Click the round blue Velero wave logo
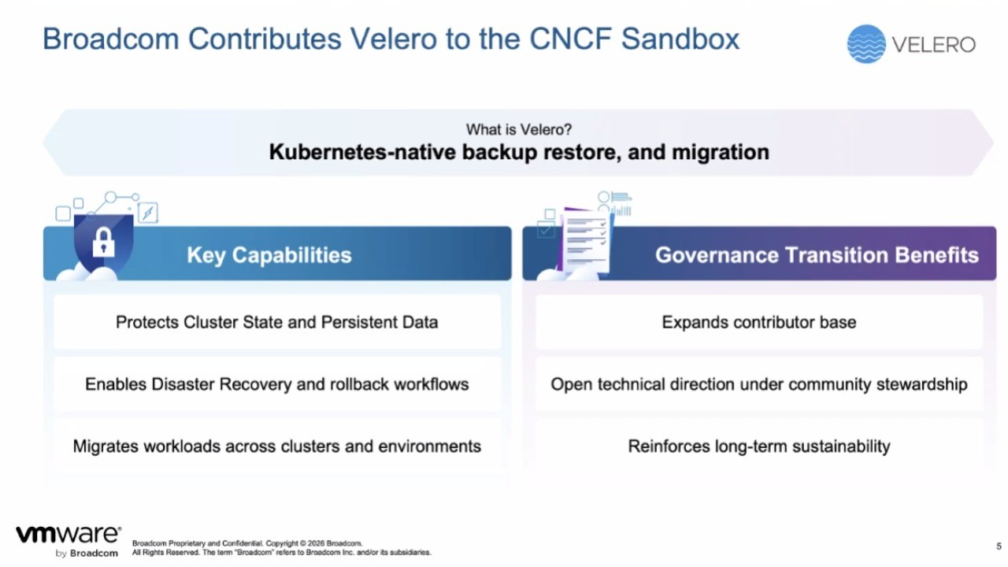(x=866, y=44)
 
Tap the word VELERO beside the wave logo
(x=933, y=45)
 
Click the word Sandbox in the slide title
(x=680, y=39)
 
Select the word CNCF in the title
(x=569, y=39)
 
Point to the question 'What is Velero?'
(x=519, y=130)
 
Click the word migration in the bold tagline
(x=721, y=152)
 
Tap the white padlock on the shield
(x=103, y=242)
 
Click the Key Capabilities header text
(x=269, y=255)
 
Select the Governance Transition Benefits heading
(x=817, y=255)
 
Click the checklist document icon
(x=585, y=242)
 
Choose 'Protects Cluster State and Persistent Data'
(x=276, y=322)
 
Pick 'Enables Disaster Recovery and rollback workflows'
(x=276, y=384)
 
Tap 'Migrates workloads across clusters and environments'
(x=276, y=447)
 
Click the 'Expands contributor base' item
(x=758, y=322)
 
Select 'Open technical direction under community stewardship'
(x=758, y=384)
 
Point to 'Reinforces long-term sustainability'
(x=758, y=447)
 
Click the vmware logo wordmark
(x=69, y=535)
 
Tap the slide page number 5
(x=999, y=546)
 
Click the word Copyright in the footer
(x=282, y=543)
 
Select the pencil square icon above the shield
(x=148, y=213)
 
